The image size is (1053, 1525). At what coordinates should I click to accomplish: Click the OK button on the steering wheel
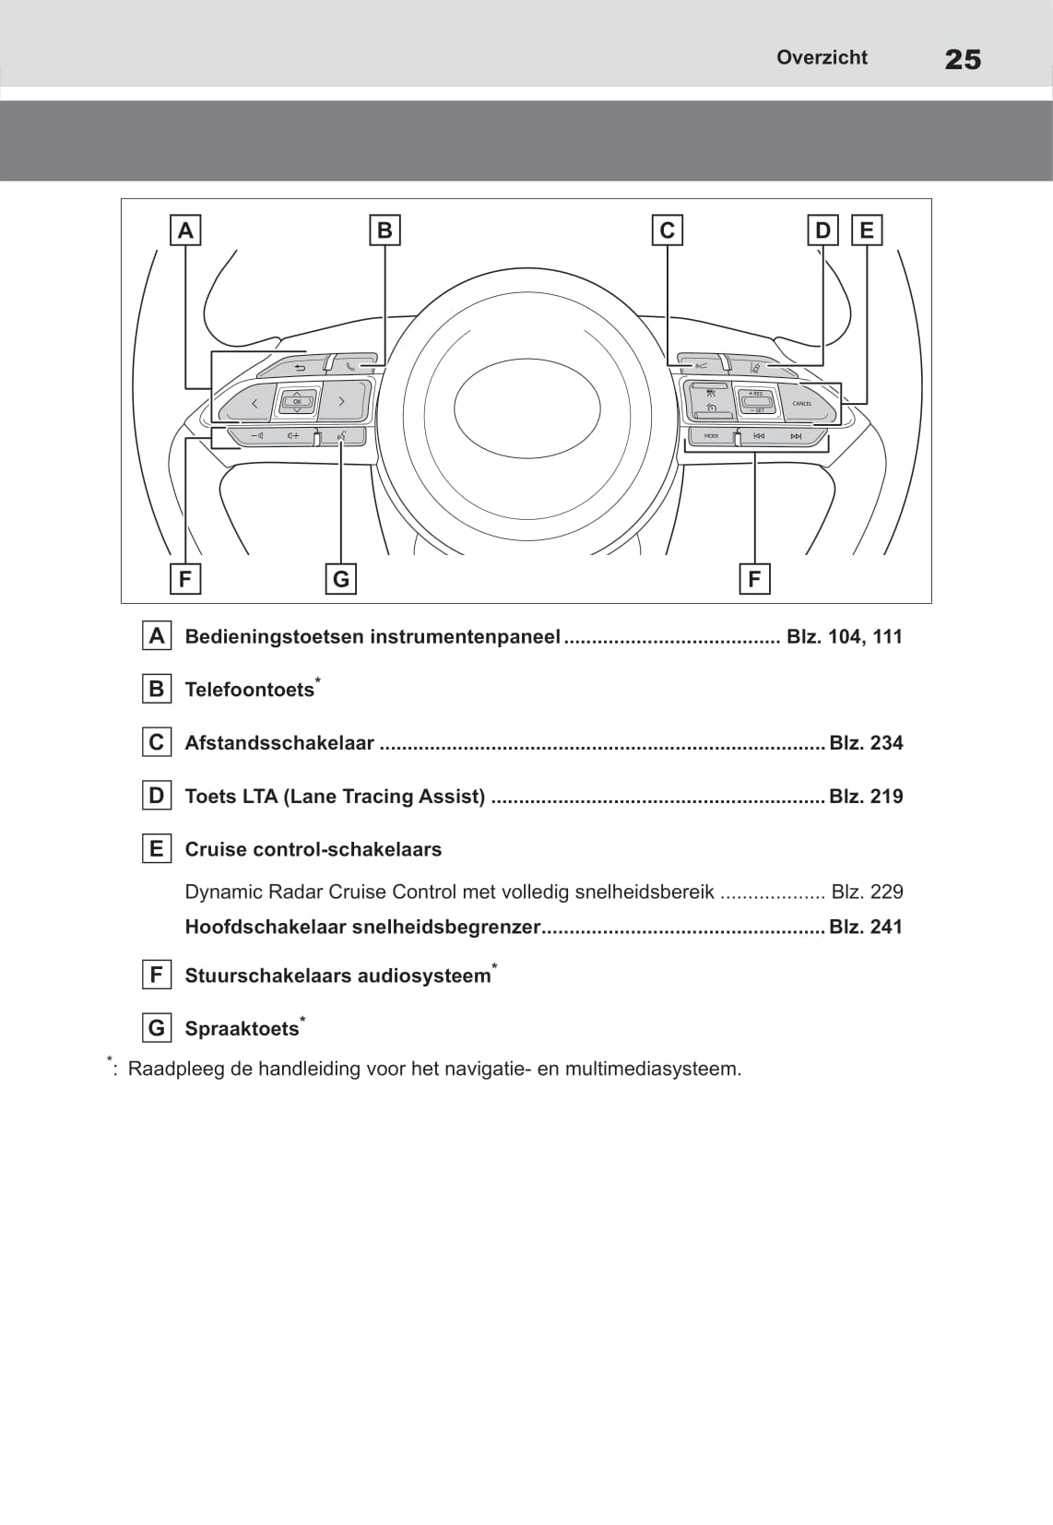click(x=297, y=401)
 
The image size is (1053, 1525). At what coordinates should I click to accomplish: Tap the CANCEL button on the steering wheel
click(x=802, y=404)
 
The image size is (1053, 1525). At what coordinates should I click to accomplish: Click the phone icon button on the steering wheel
click(x=350, y=366)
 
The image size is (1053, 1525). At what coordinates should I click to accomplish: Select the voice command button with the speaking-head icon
click(x=341, y=435)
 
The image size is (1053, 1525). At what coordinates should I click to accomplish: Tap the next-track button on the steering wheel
click(x=796, y=436)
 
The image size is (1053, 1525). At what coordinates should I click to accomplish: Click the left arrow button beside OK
click(x=254, y=403)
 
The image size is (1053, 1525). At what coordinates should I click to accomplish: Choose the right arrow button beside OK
click(x=341, y=402)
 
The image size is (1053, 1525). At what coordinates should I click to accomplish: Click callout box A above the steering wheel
click(x=185, y=231)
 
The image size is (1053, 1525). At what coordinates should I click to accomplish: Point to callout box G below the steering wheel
click(x=341, y=579)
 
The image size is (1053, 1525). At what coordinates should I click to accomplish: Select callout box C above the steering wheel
click(x=667, y=231)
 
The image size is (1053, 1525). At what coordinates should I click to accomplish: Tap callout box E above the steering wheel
click(x=867, y=231)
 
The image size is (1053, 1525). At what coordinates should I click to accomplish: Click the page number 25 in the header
click(x=963, y=60)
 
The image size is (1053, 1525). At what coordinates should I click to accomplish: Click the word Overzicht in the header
click(x=822, y=57)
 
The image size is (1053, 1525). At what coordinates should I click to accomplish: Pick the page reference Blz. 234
click(x=866, y=743)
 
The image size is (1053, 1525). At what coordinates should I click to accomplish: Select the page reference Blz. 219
click(x=866, y=797)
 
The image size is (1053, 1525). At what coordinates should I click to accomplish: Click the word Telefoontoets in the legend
click(x=249, y=691)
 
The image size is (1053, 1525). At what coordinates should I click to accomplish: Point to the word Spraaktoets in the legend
click(x=242, y=1029)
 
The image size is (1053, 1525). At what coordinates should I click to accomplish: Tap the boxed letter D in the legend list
click(x=156, y=796)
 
